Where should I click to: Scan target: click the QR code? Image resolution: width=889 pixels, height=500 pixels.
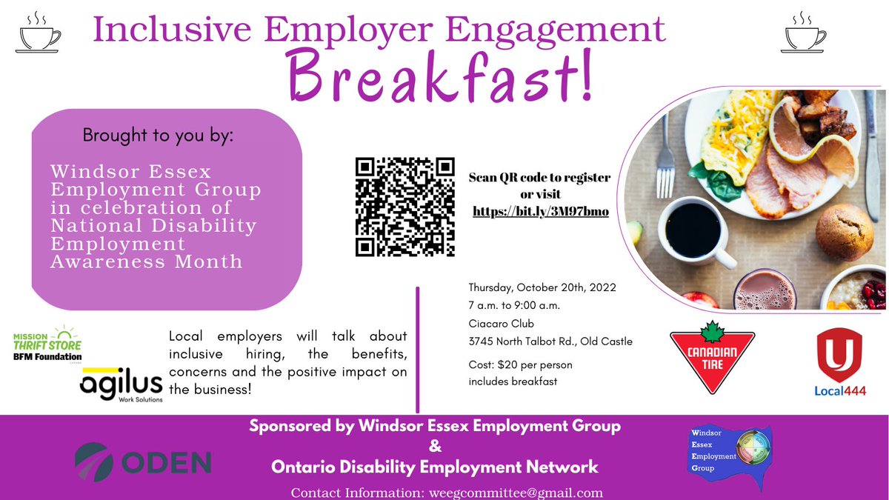[404, 207]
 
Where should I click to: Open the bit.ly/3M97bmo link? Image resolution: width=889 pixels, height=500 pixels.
[541, 212]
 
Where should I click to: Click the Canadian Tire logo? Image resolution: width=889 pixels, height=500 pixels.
[712, 360]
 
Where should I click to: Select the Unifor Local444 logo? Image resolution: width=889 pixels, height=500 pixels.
[840, 362]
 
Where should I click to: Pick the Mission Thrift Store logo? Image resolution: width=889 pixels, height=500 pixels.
[47, 345]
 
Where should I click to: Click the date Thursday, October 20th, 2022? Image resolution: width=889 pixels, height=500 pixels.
[542, 287]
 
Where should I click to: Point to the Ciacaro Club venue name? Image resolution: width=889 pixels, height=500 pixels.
[502, 324]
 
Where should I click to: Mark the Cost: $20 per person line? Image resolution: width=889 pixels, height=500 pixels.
[520, 365]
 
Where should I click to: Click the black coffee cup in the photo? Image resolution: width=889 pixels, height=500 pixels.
[693, 230]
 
